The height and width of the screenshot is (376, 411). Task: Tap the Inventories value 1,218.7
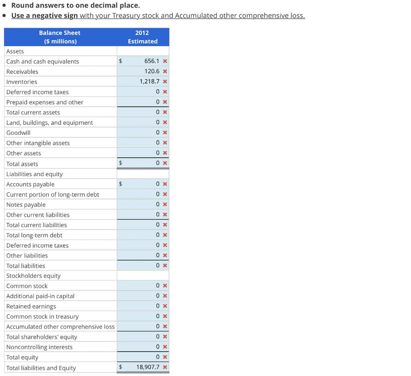149,81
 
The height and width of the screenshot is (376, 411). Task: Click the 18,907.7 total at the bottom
148,367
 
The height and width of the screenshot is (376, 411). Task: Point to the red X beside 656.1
165,61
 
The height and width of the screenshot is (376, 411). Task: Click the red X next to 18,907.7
165,368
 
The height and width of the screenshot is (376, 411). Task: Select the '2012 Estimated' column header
142,37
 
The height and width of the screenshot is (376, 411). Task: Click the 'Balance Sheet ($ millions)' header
60,37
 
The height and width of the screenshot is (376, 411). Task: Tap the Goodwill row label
18,133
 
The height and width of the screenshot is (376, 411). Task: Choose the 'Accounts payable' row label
31,184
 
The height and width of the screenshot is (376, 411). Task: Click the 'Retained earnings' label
31,306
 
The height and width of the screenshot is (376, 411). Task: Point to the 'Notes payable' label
26,205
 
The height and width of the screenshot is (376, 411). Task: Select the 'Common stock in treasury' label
43,317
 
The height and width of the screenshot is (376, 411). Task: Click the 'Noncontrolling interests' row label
39,347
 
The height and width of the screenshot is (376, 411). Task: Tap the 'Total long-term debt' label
35,235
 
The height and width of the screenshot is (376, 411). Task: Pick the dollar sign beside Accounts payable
120,184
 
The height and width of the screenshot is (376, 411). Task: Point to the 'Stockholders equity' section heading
33,276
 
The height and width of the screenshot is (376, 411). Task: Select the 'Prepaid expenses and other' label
45,102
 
